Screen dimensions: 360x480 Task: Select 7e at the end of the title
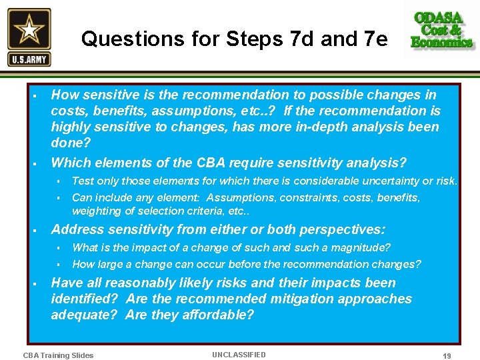point(372,40)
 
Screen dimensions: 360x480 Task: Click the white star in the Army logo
point(29,30)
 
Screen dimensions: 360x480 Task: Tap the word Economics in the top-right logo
point(442,42)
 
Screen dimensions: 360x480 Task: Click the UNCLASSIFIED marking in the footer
point(239,355)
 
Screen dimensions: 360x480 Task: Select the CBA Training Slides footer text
point(58,355)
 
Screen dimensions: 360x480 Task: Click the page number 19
point(447,356)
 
